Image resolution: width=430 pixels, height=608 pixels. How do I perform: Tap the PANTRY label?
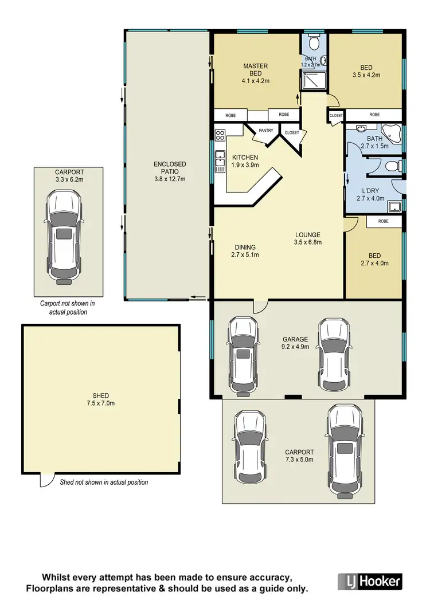(266, 131)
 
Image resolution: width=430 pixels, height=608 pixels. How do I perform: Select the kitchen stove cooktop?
(220, 136)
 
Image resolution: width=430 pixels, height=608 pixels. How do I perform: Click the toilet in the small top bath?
(314, 42)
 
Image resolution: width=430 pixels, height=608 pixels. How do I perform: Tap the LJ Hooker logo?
(370, 581)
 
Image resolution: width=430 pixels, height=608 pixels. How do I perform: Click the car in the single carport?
(64, 235)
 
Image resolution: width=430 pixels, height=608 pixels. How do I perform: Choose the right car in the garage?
(334, 352)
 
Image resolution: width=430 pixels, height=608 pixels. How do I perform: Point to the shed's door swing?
(46, 481)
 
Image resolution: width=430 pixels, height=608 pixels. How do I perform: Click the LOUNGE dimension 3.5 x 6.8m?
(308, 242)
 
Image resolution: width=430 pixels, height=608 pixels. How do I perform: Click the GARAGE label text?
(295, 339)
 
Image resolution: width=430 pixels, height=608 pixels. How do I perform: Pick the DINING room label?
(245, 248)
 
